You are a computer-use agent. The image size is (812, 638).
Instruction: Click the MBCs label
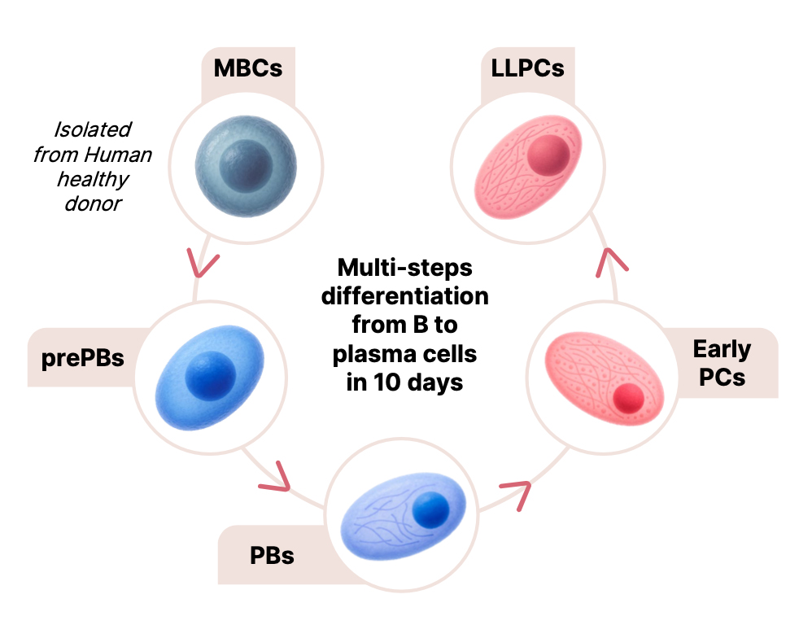tap(247, 68)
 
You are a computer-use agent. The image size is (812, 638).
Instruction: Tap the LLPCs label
tap(527, 68)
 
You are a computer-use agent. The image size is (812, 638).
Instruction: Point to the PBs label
tap(272, 557)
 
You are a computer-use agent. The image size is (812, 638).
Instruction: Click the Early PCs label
tap(722, 363)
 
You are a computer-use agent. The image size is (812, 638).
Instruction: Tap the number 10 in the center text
tap(393, 382)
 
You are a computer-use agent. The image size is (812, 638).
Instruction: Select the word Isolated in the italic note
tap(92, 130)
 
